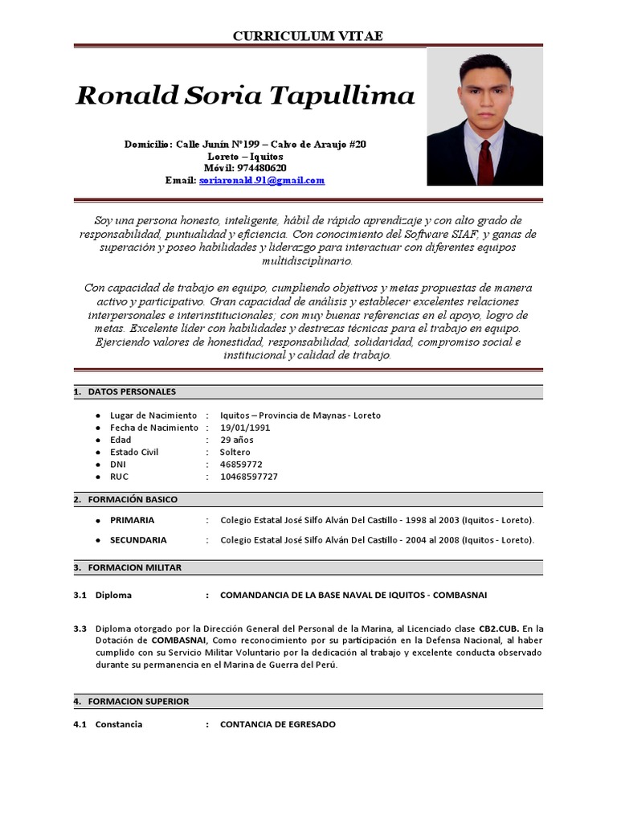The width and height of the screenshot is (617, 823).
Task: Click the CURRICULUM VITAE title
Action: pyautogui.click(x=308, y=36)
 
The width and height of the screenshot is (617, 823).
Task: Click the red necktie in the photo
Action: pyautogui.click(x=485, y=161)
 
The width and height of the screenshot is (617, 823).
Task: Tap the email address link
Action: pyautogui.click(x=262, y=181)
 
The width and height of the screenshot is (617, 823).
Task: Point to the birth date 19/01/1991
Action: pyautogui.click(x=245, y=428)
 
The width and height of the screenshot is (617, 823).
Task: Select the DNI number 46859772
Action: pyautogui.click(x=241, y=465)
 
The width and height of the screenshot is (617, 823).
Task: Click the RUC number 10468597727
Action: pyautogui.click(x=249, y=477)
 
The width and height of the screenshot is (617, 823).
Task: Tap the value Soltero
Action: pyautogui.click(x=235, y=452)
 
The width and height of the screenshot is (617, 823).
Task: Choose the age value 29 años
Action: pyautogui.click(x=237, y=440)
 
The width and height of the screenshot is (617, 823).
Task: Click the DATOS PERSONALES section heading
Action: pyautogui.click(x=131, y=392)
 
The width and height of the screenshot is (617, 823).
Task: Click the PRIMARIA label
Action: pyautogui.click(x=132, y=520)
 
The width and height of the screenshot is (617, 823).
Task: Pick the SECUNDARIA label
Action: pyautogui.click(x=138, y=540)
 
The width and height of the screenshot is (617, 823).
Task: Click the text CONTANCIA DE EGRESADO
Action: pyautogui.click(x=278, y=724)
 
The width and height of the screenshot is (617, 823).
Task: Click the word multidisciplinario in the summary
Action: pyautogui.click(x=308, y=261)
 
